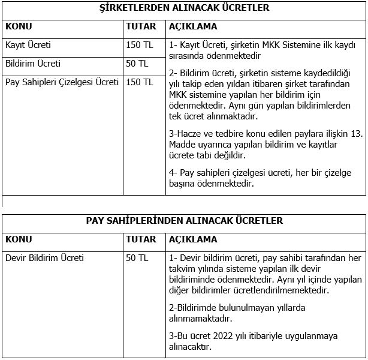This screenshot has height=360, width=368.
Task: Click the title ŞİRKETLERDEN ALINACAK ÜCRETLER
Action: click(x=184, y=8)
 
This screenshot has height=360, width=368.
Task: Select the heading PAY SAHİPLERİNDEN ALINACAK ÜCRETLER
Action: click(x=184, y=221)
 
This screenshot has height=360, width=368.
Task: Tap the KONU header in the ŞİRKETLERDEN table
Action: click(x=19, y=27)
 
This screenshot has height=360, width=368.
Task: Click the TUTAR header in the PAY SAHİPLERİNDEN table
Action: click(x=141, y=240)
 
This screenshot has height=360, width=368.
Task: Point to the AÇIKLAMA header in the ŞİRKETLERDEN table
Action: click(x=193, y=27)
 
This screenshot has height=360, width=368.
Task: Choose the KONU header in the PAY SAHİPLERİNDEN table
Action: click(x=19, y=240)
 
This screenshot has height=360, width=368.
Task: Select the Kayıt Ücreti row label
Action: click(x=28, y=45)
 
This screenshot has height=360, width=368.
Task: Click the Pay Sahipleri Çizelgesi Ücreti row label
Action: click(x=62, y=82)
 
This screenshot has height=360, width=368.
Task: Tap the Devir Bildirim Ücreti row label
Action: click(x=44, y=259)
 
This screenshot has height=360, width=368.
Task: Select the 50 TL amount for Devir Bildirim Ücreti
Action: click(x=137, y=259)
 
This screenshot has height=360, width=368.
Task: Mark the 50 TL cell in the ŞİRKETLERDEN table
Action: click(x=137, y=63)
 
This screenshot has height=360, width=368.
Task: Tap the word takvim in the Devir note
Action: click(x=185, y=269)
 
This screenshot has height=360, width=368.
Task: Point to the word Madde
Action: click(x=183, y=145)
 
